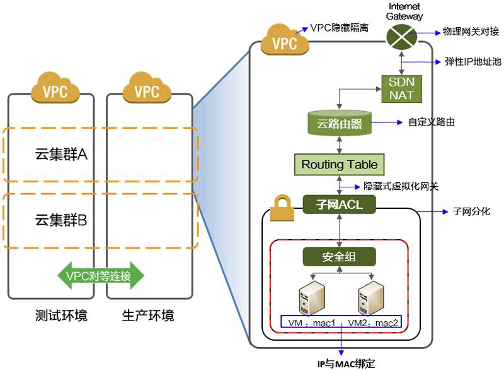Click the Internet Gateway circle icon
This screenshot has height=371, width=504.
point(403,35)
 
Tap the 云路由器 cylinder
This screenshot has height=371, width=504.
point(340,123)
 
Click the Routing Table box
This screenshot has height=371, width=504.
point(339,165)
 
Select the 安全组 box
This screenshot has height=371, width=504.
point(340,256)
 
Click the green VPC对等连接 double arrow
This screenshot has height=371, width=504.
point(101,276)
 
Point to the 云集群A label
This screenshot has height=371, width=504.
point(60,154)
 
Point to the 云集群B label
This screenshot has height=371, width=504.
point(60,220)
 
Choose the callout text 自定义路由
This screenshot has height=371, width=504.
point(432,122)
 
